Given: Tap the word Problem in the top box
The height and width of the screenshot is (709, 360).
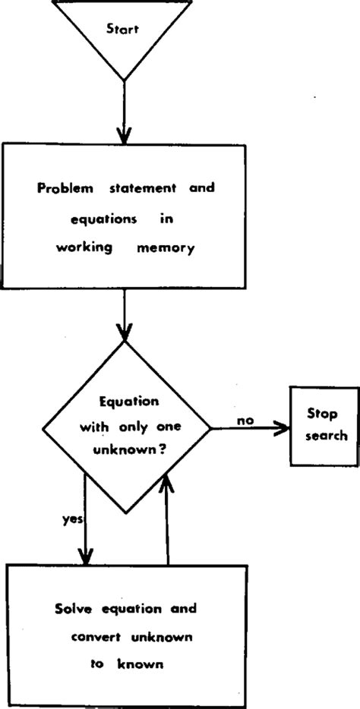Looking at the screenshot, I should click(x=64, y=189).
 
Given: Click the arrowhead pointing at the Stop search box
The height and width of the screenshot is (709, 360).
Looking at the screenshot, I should click(x=280, y=429).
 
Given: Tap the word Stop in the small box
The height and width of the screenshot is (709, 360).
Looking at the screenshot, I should click(x=322, y=414).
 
